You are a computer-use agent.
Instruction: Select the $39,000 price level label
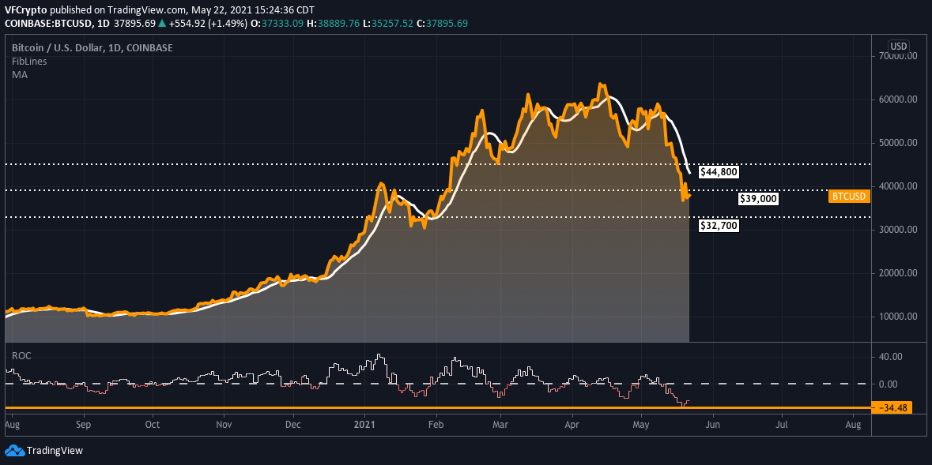[x=757, y=199]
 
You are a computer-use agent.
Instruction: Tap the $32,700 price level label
[x=719, y=226]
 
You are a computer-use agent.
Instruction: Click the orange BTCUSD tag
[x=850, y=196]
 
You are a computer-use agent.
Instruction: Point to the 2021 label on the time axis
[x=365, y=425]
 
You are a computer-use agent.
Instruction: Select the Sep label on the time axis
[x=85, y=425]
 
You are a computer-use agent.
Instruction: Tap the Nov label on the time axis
[x=224, y=425]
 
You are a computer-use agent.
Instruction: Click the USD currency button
[x=899, y=46]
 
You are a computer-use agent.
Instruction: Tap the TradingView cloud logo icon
[x=15, y=451]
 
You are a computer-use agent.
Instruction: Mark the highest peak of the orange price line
[x=602, y=84]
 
